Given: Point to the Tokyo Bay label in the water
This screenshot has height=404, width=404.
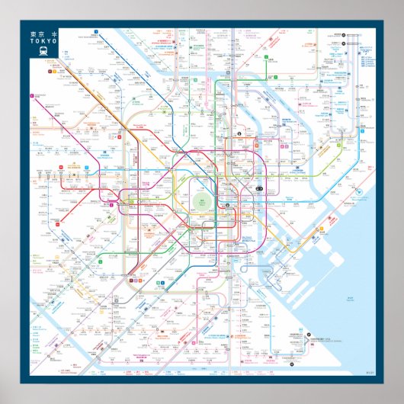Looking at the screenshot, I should [x=351, y=298].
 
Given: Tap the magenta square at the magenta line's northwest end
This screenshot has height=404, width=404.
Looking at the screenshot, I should [x=31, y=97].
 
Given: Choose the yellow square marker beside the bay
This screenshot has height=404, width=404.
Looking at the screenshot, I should [x=321, y=226].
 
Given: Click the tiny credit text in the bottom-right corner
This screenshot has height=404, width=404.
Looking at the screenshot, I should [x=370, y=372].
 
